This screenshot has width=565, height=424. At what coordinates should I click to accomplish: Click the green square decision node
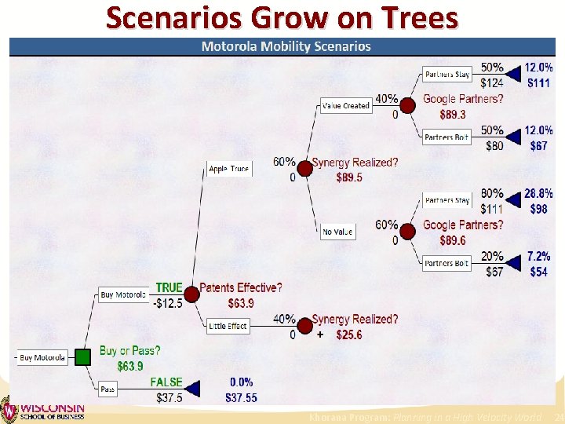tap(83, 358)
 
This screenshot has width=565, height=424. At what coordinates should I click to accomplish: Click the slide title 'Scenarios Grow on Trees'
tap(282, 17)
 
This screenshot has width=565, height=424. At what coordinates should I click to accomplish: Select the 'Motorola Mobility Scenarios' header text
tap(286, 46)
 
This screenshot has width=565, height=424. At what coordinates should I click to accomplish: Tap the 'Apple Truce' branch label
tap(229, 169)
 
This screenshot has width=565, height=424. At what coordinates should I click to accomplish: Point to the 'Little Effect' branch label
tap(228, 326)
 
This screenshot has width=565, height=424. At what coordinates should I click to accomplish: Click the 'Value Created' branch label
tap(345, 105)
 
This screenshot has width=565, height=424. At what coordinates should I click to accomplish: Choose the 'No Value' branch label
tap(337, 232)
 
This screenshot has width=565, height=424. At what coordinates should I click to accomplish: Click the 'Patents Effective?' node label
tap(241, 288)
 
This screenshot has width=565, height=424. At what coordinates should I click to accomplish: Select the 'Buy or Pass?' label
tap(129, 351)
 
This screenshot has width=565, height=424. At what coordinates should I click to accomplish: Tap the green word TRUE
tap(169, 288)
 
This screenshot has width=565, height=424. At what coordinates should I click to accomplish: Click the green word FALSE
tap(166, 382)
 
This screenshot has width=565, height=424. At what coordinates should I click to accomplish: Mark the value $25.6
tap(349, 335)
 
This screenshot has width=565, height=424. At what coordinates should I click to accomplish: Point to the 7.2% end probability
tap(538, 257)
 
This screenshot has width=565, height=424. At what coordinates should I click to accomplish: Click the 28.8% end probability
tap(538, 193)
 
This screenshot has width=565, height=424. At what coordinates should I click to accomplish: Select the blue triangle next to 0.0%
tap(193, 389)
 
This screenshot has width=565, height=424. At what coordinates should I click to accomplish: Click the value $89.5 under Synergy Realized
tap(349, 178)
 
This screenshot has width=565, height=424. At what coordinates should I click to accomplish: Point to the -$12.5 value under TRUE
tap(169, 303)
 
